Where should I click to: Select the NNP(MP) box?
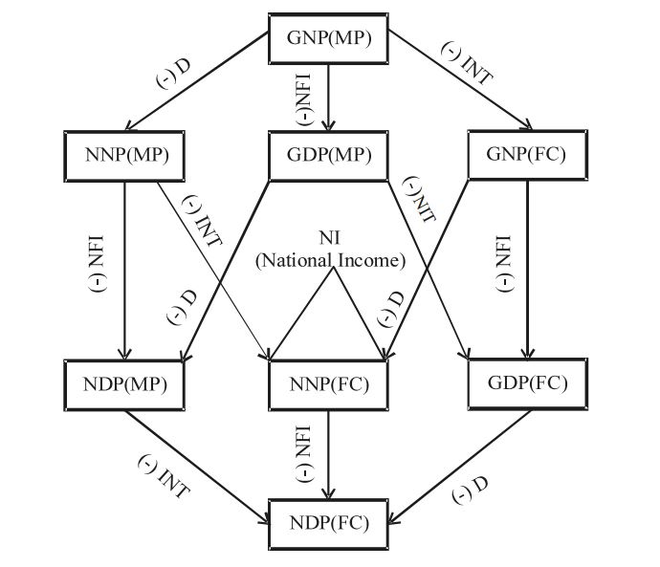[124, 154]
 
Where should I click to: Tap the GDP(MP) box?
[328, 155]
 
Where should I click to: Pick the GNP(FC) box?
[527, 154]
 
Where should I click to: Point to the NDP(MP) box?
[123, 384]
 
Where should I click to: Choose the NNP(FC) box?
[328, 384]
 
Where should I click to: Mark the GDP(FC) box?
[527, 383]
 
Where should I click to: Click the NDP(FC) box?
[328, 522]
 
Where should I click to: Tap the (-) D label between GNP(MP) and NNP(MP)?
[174, 74]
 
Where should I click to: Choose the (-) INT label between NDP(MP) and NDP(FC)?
[163, 476]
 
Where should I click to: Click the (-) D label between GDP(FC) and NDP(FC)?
[470, 491]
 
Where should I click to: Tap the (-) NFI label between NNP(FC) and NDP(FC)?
[305, 453]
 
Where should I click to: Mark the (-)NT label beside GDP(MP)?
[419, 199]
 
